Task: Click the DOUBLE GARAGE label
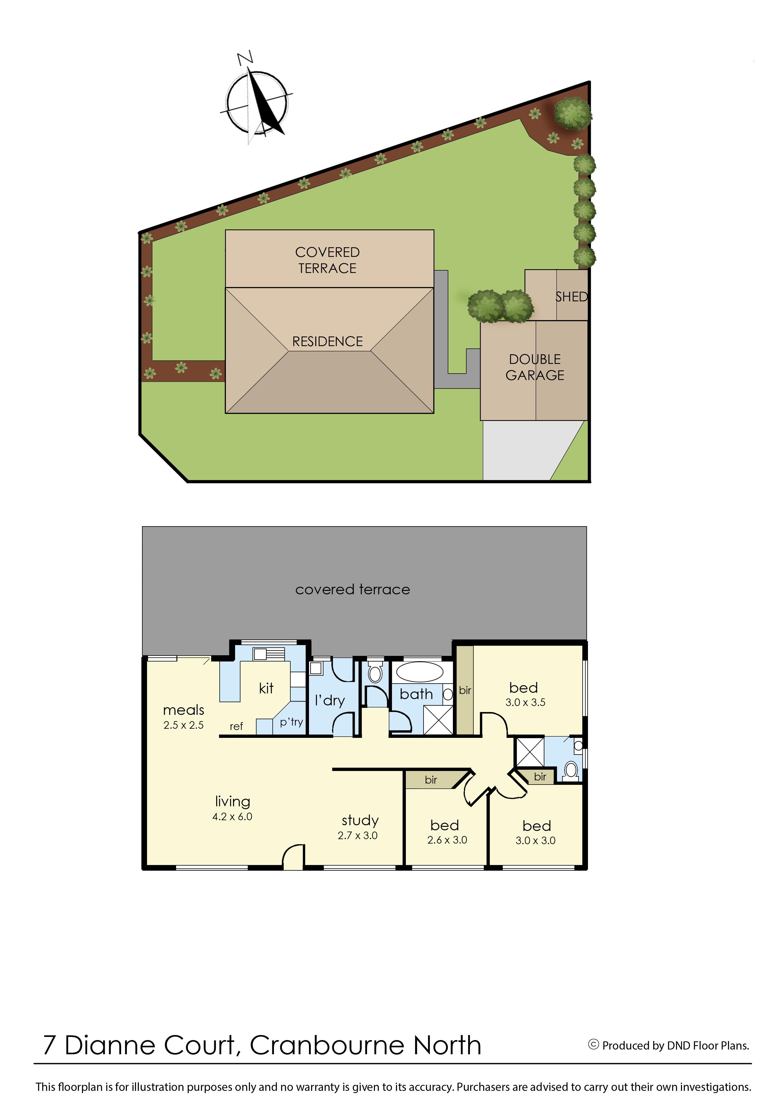pos(535,367)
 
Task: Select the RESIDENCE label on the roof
pos(327,342)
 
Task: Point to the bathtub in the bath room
pos(419,672)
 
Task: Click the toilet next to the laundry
pos(375,672)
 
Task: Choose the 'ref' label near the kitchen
pos(236,726)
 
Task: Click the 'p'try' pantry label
pos(291,722)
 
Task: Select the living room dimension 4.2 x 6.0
pos(232,816)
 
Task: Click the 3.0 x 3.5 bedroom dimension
pos(525,702)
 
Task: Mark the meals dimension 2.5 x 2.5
pos(184,725)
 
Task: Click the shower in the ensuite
pos(530,751)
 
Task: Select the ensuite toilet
pos(571,770)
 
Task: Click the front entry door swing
pos(293,856)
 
